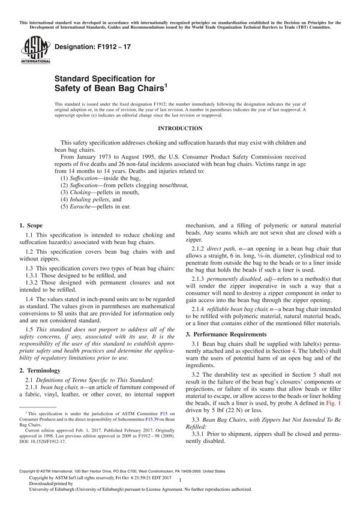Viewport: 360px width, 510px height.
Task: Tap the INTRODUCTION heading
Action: (179, 128)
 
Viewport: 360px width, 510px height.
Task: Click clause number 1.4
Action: (32, 314)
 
